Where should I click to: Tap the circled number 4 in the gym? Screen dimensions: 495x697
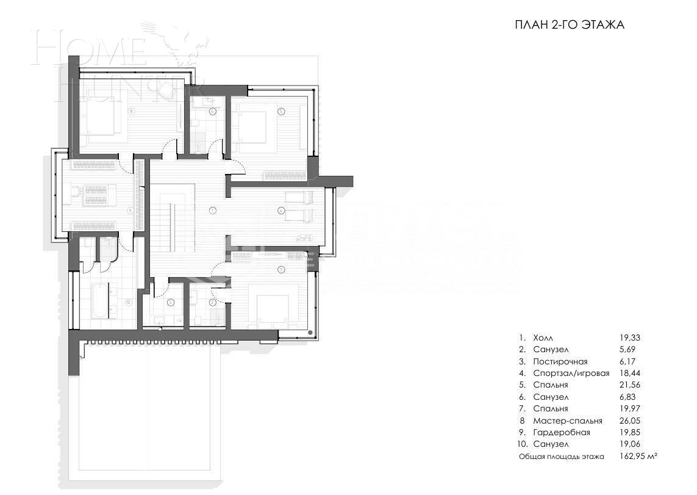coord(281,211)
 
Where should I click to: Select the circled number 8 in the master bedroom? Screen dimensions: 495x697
coord(131,111)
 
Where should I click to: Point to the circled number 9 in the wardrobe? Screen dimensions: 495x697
coord(130,210)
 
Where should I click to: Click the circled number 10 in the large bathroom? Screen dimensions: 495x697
coord(128,302)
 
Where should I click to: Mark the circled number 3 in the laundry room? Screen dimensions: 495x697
coord(171,302)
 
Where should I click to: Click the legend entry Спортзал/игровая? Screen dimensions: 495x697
coord(571,373)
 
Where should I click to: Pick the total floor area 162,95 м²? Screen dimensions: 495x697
coord(638,456)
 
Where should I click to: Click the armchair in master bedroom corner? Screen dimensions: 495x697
coord(166,90)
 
